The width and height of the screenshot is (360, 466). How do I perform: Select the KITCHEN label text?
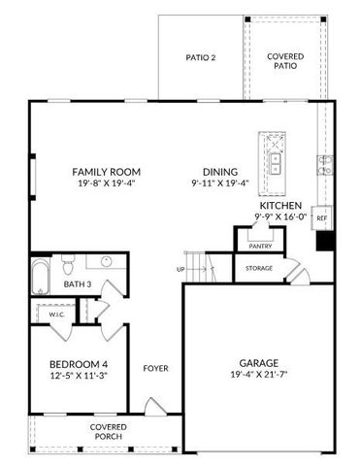(279, 206)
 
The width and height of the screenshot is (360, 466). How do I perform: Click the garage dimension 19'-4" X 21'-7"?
(258, 374)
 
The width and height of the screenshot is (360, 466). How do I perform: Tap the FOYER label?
(155, 368)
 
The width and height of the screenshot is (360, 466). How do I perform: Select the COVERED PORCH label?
(109, 431)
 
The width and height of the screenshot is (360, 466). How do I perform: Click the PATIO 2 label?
(200, 57)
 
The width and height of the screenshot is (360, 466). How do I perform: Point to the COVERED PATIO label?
(285, 62)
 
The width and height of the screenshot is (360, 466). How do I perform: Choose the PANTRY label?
(260, 248)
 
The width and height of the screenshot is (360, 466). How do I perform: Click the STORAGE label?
(259, 268)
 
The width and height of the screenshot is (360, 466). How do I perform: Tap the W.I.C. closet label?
(56, 315)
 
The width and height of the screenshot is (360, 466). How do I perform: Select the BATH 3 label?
(78, 284)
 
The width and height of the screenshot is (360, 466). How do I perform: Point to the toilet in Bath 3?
(67, 263)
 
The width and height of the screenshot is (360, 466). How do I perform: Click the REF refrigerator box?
(321, 219)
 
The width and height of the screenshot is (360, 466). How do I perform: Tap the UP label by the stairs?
(180, 269)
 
